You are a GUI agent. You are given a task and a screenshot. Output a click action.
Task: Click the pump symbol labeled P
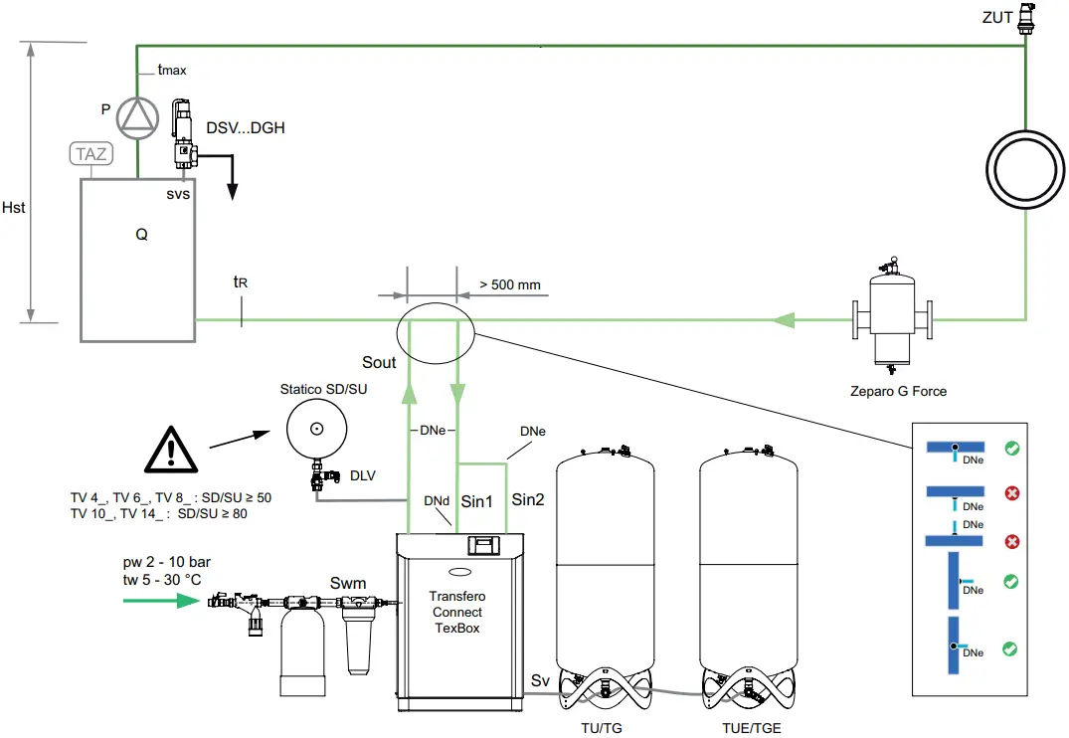(x=137, y=117)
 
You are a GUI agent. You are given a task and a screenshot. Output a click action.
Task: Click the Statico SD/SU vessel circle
(x=316, y=430)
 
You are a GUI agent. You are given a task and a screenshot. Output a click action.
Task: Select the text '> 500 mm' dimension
(x=509, y=285)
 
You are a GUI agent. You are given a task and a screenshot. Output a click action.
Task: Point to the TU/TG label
(x=602, y=728)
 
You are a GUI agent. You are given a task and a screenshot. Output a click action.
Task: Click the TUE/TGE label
(x=752, y=728)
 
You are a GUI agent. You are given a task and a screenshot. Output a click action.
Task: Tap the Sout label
(x=379, y=363)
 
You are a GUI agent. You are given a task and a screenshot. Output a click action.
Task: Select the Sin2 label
(x=528, y=500)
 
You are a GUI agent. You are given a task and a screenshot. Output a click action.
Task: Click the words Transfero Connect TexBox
(x=456, y=612)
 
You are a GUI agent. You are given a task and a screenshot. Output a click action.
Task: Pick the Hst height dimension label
(x=14, y=208)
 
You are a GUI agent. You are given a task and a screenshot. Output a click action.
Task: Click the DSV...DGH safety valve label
(x=246, y=128)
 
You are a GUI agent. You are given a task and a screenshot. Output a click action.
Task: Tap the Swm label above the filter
(x=348, y=583)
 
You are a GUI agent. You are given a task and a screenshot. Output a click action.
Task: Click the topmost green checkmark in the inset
(x=1009, y=449)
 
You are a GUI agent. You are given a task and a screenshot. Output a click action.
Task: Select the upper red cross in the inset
(x=1011, y=493)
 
